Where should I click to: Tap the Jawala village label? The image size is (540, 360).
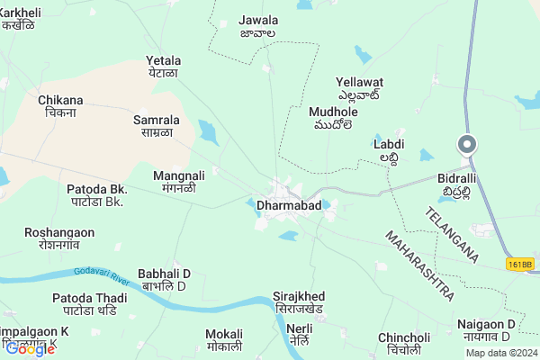click(x=258, y=20)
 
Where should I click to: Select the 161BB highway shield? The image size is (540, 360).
click(x=518, y=264)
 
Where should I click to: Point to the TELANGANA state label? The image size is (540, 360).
click(x=453, y=233)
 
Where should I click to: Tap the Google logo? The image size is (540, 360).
click(x=30, y=349)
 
